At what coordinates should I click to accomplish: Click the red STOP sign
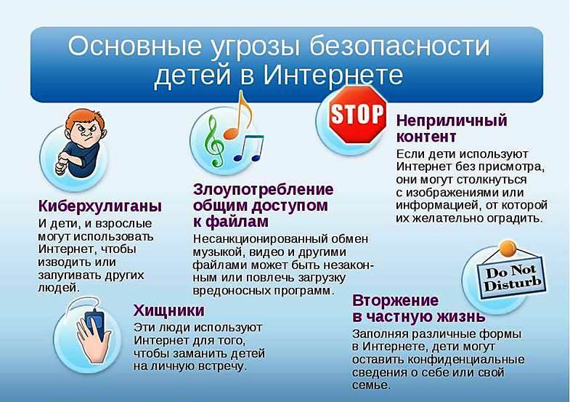(x=357, y=114)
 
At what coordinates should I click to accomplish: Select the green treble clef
(x=214, y=141)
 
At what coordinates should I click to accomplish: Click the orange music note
(x=238, y=116)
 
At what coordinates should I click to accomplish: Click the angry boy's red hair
(x=86, y=119)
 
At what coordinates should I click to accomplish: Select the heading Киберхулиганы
(x=100, y=206)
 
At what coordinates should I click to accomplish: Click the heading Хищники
(x=168, y=310)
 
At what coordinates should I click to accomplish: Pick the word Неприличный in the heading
(x=452, y=121)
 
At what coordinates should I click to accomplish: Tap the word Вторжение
(x=395, y=300)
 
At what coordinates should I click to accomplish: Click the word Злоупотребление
(x=263, y=190)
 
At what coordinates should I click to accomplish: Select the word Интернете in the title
(x=333, y=75)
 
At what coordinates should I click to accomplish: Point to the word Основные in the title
(x=134, y=46)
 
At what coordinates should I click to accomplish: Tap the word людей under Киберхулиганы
(x=59, y=288)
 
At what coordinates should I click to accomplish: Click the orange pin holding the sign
(x=508, y=249)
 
